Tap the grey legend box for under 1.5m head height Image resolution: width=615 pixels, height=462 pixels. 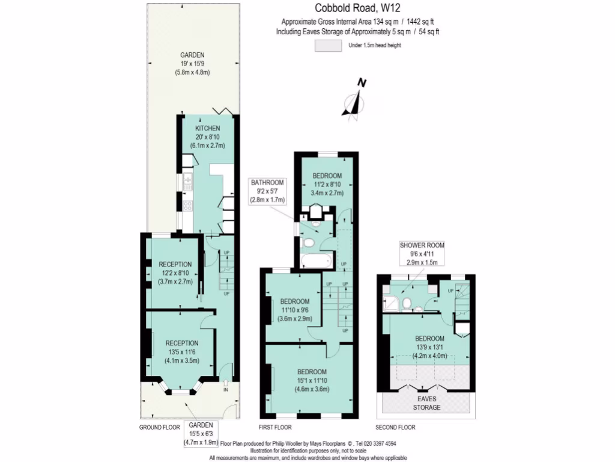click(x=329, y=46)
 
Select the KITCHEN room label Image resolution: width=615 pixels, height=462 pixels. click(x=207, y=129)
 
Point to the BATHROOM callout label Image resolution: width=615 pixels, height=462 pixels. click(x=268, y=183)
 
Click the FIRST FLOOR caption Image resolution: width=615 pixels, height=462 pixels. click(x=275, y=428)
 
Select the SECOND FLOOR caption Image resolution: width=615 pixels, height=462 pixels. click(x=395, y=428)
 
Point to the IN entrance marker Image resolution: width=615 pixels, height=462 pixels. click(x=226, y=390)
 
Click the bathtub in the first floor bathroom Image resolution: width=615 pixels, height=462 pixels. click(x=315, y=260)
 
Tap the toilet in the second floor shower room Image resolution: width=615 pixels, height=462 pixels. click(x=407, y=303)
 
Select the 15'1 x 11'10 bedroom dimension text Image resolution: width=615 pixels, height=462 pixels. click(x=311, y=380)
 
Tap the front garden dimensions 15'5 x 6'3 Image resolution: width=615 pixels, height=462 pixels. click(x=201, y=434)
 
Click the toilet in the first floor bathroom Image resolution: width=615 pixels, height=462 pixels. click(x=309, y=242)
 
